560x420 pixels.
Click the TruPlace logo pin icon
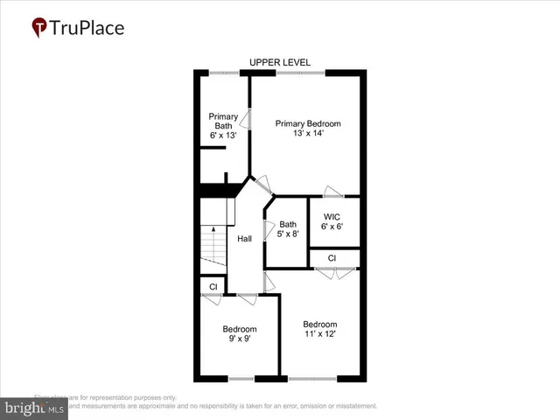(x=40, y=28)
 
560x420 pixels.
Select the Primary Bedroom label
(x=308, y=123)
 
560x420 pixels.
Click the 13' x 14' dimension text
(x=308, y=135)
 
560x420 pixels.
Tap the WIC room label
(x=332, y=216)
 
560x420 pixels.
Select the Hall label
(x=245, y=238)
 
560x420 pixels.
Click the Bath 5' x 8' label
(x=288, y=229)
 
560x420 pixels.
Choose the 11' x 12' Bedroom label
(x=319, y=328)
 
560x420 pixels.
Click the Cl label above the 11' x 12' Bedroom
(x=332, y=258)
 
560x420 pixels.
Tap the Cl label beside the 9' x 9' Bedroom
(x=213, y=286)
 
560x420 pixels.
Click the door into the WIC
(x=332, y=192)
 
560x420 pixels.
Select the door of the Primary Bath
(x=248, y=121)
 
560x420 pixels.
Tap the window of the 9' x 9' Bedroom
(x=241, y=378)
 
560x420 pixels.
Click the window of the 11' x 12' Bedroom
(x=311, y=378)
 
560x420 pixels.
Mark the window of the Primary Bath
(x=224, y=73)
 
